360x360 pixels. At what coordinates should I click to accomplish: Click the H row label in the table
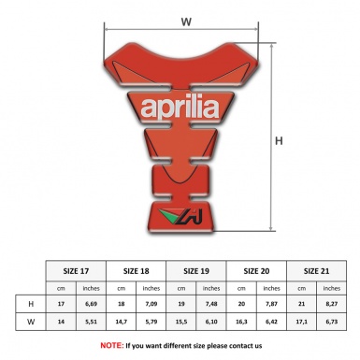(x=32, y=304)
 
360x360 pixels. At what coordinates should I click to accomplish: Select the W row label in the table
(x=32, y=323)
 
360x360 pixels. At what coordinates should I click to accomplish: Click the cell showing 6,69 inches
(x=92, y=304)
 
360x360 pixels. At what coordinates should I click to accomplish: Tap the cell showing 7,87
(x=271, y=304)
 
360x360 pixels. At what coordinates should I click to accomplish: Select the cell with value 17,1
(x=300, y=323)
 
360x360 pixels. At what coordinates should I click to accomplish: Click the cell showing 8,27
(x=331, y=304)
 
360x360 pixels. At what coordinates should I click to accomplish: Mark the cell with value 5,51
(x=92, y=323)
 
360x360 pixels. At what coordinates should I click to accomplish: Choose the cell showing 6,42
(x=271, y=323)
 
